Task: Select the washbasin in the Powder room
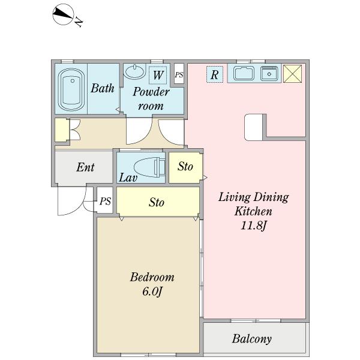click(x=135, y=71)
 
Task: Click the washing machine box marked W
click(x=158, y=75)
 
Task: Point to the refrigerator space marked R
click(x=215, y=74)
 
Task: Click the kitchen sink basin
click(x=244, y=73)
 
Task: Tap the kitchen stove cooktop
click(x=269, y=73)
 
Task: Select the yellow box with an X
click(x=293, y=73)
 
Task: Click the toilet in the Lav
click(x=149, y=167)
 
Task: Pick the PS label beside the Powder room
click(x=179, y=74)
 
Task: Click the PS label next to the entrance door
click(x=105, y=201)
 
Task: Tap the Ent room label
click(x=85, y=167)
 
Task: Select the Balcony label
click(x=252, y=339)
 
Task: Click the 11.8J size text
click(x=253, y=226)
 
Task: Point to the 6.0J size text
click(x=152, y=292)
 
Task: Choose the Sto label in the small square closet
click(x=185, y=166)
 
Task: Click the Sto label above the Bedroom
click(x=157, y=202)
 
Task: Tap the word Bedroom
click(x=152, y=277)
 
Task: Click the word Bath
click(x=103, y=88)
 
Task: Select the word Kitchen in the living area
click(x=253, y=211)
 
